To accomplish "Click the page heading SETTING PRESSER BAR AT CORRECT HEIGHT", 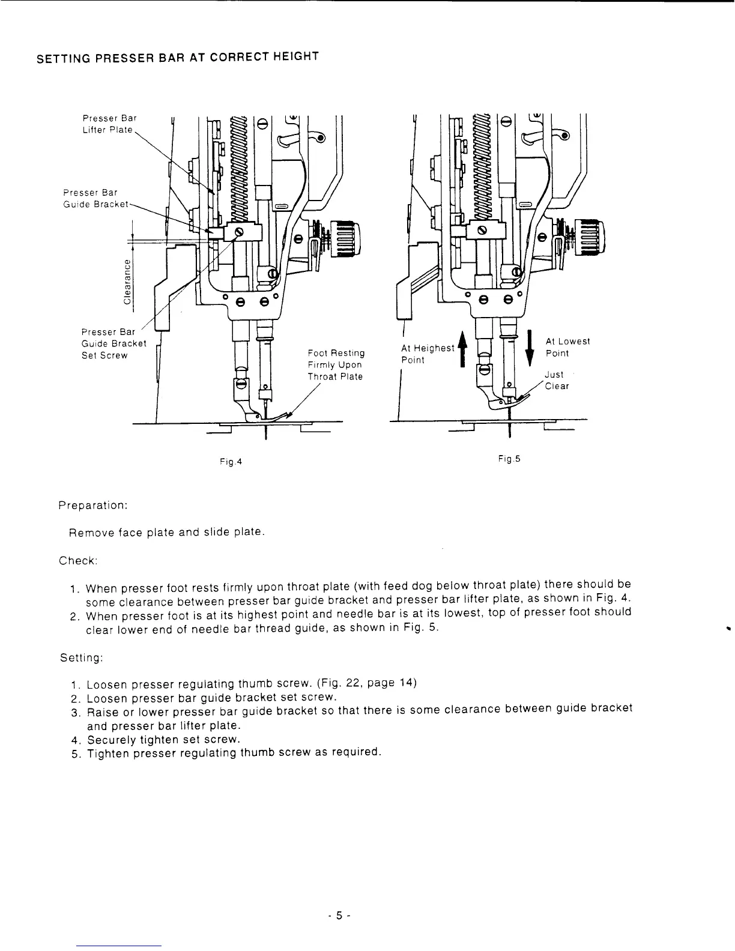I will tap(177, 58).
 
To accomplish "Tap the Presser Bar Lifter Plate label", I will tap(107, 124).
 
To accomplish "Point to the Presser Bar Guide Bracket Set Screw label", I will tap(113, 343).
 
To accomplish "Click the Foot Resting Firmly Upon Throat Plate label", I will tap(336, 364).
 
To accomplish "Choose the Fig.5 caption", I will tap(509, 459).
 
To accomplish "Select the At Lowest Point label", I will tap(567, 347).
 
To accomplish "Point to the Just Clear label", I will tap(556, 380).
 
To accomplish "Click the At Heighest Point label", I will tap(428, 354).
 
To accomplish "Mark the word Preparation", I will tap(92, 505).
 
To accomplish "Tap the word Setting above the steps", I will tap(82, 658).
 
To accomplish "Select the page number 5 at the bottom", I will tap(339, 916).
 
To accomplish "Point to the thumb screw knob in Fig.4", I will tap(347, 239).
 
